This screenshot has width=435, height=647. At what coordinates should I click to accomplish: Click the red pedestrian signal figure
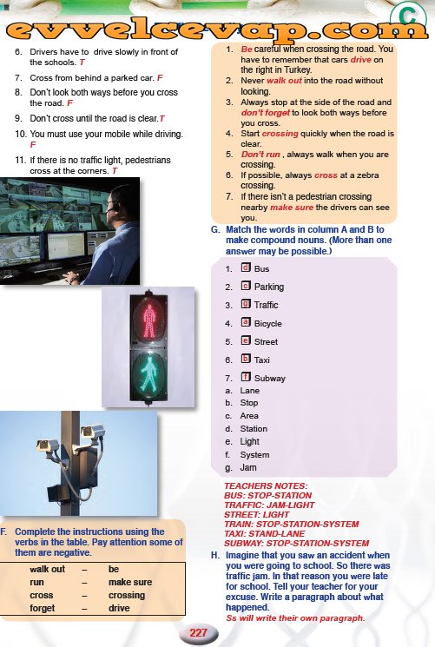click(x=148, y=319)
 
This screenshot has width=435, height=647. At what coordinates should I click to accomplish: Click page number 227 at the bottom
click(x=199, y=632)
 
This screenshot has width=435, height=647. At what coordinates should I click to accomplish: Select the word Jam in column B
click(x=248, y=467)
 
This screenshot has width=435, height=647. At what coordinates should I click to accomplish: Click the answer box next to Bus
click(x=246, y=267)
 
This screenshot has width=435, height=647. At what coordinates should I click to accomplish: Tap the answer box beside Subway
click(x=246, y=376)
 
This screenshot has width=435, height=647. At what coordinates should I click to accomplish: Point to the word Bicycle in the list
click(x=267, y=323)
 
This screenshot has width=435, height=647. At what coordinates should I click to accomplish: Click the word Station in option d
click(x=254, y=429)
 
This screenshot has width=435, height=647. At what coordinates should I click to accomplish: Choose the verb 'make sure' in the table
click(x=130, y=582)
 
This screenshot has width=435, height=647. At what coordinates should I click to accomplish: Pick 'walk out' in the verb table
click(x=48, y=569)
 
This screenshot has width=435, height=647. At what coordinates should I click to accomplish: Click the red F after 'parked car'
click(x=160, y=77)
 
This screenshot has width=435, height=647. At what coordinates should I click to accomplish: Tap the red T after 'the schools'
click(x=82, y=63)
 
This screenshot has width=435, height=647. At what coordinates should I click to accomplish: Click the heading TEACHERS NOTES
click(x=266, y=486)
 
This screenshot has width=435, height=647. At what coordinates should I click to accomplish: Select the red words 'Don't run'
click(x=260, y=155)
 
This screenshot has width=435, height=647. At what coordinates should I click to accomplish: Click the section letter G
click(x=215, y=230)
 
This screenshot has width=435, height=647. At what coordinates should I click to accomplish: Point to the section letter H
click(x=215, y=556)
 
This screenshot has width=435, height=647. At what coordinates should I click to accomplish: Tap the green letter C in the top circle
click(x=408, y=17)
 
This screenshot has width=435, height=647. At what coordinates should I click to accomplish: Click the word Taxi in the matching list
click(x=262, y=360)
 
